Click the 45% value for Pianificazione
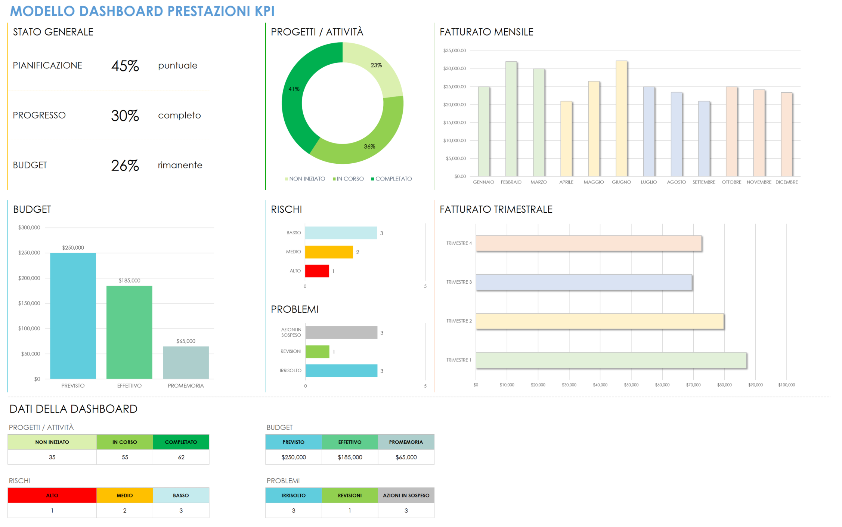pyautogui.click(x=125, y=66)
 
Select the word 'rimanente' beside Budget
pyautogui.click(x=180, y=165)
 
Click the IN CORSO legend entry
pyautogui.click(x=348, y=179)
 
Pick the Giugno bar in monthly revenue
pyautogui.click(x=621, y=118)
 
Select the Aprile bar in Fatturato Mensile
pyautogui.click(x=566, y=139)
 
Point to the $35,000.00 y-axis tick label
pyautogui.click(x=455, y=51)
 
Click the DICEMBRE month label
pyautogui.click(x=787, y=182)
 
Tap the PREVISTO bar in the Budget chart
pyautogui.click(x=73, y=316)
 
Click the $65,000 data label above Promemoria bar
pyautogui.click(x=186, y=341)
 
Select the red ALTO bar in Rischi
pyautogui.click(x=317, y=271)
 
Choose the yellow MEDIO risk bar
pyautogui.click(x=329, y=252)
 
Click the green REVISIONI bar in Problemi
pyautogui.click(x=318, y=352)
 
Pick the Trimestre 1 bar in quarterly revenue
pyautogui.click(x=611, y=360)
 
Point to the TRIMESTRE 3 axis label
pyautogui.click(x=459, y=282)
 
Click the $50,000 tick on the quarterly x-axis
pyautogui.click(x=631, y=385)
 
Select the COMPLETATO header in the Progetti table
pyautogui.click(x=181, y=442)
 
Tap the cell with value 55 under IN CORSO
pyautogui.click(x=125, y=457)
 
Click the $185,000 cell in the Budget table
pyautogui.click(x=350, y=457)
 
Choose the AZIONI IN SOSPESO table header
pyautogui.click(x=406, y=496)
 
